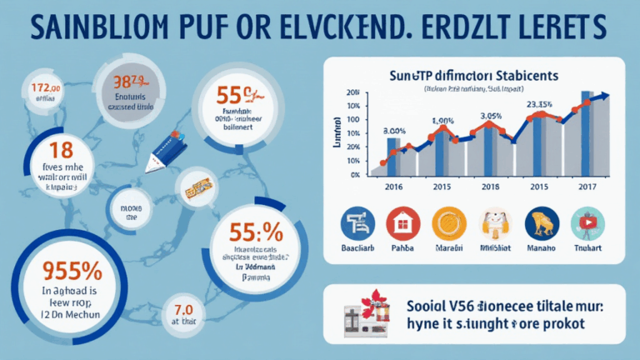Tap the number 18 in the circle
pos(47,151)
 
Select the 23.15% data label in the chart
pos(536,104)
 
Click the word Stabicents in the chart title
pos(521,75)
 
